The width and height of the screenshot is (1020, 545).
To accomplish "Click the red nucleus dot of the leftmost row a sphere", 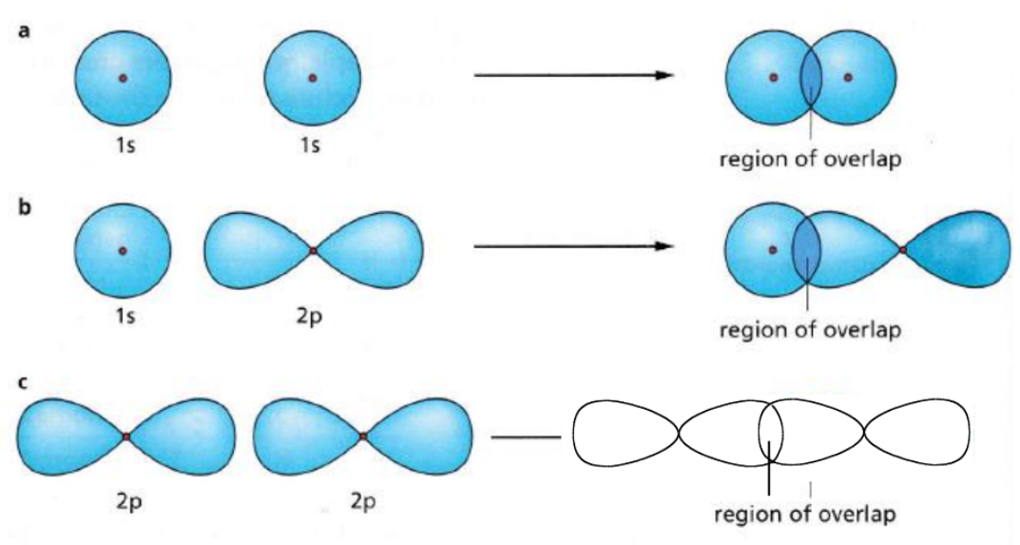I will (123, 78).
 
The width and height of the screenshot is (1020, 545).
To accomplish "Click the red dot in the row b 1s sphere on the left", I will (123, 251).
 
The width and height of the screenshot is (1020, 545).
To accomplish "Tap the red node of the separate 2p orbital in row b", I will (313, 251).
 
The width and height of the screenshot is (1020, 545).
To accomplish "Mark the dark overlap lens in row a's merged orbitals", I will (810, 77).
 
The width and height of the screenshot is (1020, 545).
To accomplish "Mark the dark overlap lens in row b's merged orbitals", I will (806, 250).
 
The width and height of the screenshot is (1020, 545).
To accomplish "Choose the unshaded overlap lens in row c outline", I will (771, 435).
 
